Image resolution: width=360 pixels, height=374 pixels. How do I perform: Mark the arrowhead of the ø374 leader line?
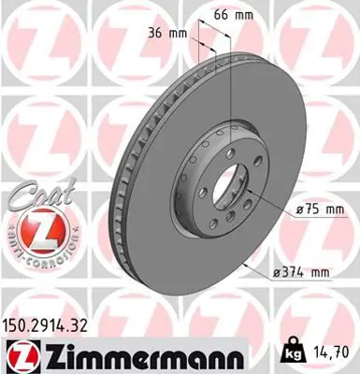click(246, 265)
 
